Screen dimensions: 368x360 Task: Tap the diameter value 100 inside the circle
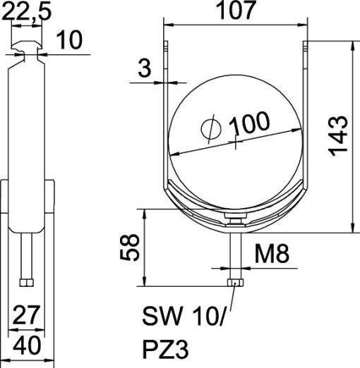point(249,125)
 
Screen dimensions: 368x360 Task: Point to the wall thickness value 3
point(144,68)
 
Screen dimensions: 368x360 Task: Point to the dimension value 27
point(26,314)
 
